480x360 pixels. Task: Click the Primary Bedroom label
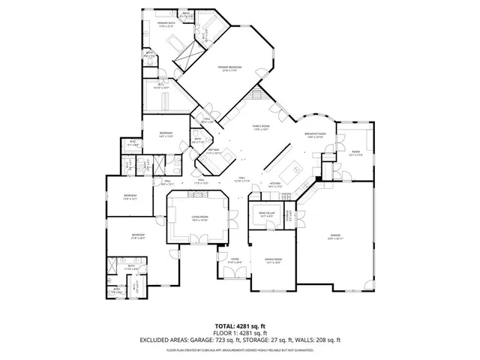click(x=228, y=67)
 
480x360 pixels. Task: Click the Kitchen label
click(x=275, y=184)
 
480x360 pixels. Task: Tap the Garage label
click(x=334, y=236)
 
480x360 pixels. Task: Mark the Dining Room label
click(x=272, y=260)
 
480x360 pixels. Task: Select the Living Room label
click(x=199, y=217)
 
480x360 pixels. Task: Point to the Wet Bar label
click(x=214, y=151)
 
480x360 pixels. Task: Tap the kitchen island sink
click(x=295, y=170)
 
